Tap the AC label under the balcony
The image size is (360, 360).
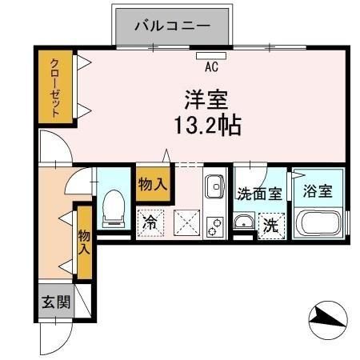coord(212,67)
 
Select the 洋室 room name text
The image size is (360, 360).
coord(204,102)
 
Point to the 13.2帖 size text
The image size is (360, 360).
coord(204,126)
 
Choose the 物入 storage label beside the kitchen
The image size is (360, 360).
coord(152,184)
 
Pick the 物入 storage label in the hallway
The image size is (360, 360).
coord(83,242)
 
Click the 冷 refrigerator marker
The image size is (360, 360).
coord(150,222)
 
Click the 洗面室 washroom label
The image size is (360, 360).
coord(258,193)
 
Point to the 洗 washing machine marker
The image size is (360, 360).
coord(272,225)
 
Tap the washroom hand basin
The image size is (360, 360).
coord(244,222)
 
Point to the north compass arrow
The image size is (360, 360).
coord(328,320)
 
